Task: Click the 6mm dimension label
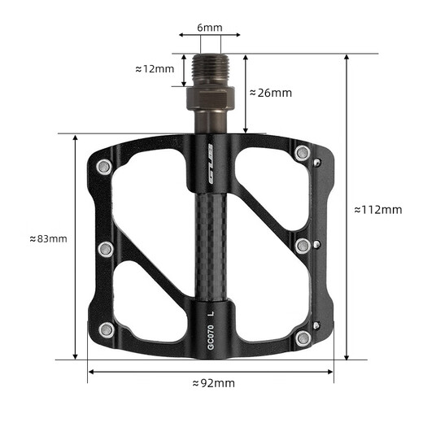209,27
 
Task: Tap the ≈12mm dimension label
154,69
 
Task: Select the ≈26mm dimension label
270,93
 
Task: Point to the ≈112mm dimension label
378,209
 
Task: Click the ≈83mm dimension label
48,238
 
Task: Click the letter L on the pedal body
211,311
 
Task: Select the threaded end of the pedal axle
209,70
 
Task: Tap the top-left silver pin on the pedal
103,168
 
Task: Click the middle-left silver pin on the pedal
105,248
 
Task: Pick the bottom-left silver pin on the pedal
106,329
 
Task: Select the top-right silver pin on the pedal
303,152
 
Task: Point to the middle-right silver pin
303,245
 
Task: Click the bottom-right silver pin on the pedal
303,338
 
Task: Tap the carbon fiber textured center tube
209,244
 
